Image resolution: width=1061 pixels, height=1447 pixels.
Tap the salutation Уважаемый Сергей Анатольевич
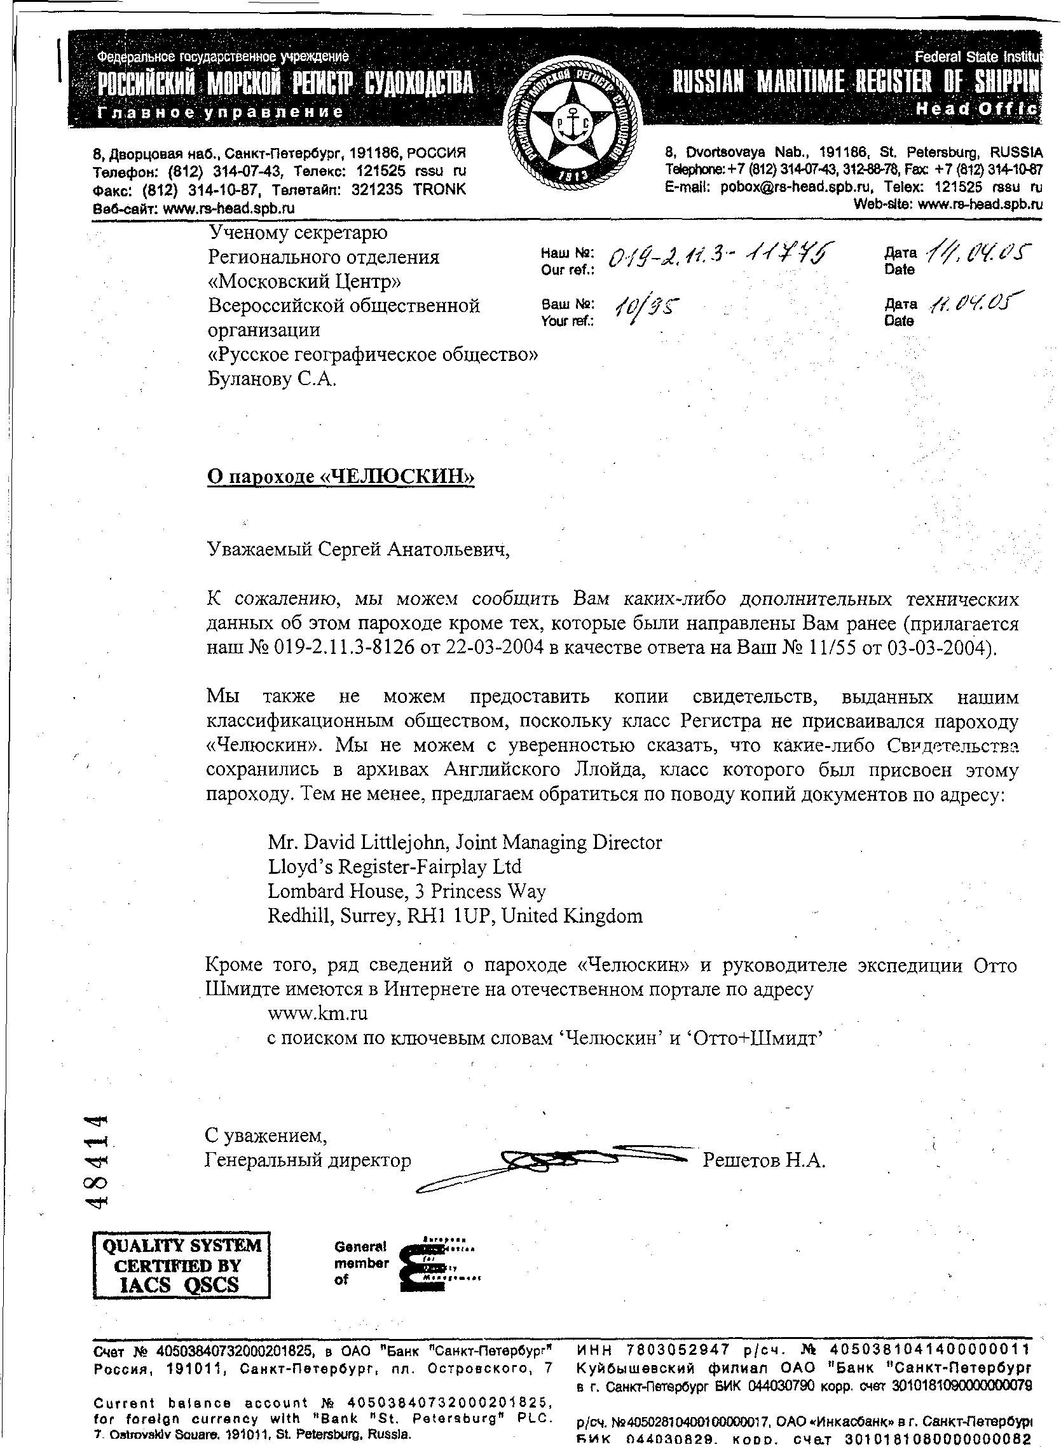(357, 550)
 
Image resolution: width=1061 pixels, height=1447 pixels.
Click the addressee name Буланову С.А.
(271, 379)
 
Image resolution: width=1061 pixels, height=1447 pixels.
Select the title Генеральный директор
(308, 1160)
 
